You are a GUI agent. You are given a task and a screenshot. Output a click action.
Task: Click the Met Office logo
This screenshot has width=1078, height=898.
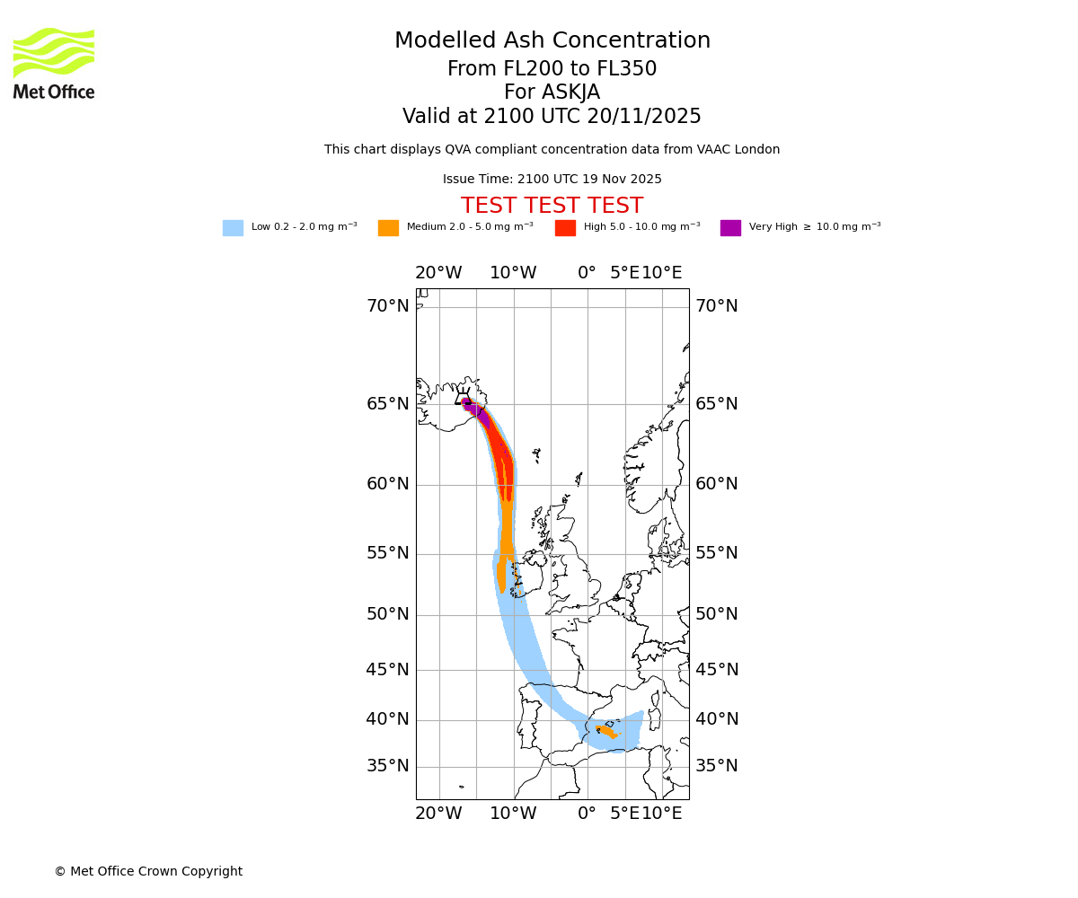(x=54, y=63)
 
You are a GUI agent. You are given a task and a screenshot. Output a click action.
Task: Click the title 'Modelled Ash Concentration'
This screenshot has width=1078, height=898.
(x=552, y=41)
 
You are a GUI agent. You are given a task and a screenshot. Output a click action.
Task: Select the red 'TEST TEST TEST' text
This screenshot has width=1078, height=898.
(x=552, y=207)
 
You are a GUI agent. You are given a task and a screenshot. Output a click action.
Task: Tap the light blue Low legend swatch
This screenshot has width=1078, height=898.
(x=233, y=228)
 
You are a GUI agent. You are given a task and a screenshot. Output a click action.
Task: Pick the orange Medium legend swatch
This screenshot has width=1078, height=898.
(x=388, y=228)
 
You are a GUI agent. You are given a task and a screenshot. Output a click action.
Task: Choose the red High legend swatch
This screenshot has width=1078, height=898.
(x=565, y=228)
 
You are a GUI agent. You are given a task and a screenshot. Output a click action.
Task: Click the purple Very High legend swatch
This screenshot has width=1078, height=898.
(x=730, y=228)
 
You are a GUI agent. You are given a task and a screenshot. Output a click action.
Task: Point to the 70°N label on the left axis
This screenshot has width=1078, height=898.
(x=387, y=306)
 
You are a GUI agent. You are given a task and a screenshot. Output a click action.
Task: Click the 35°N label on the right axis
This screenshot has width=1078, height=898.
(x=717, y=766)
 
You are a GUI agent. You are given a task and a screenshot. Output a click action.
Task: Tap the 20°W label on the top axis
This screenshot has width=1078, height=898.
(x=438, y=273)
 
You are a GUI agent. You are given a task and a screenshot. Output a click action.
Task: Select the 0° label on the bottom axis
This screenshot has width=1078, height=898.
(x=587, y=814)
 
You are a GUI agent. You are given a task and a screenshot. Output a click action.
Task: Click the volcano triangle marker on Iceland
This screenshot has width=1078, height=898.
(x=463, y=399)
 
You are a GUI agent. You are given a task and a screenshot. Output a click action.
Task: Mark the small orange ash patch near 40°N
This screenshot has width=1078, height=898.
(x=606, y=731)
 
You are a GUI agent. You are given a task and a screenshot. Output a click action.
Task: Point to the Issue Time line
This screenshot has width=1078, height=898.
(x=552, y=180)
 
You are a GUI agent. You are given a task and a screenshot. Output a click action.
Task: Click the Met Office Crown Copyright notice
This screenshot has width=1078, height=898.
(x=148, y=871)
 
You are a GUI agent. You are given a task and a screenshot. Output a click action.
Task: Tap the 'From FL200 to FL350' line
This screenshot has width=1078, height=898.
(x=552, y=69)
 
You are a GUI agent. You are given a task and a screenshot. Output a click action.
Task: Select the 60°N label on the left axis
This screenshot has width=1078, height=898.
(x=387, y=484)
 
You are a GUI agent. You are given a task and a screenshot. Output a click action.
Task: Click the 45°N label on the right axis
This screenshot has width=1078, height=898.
(x=717, y=670)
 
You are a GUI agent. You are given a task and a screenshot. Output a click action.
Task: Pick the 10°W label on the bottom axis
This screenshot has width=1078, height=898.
(x=513, y=814)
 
